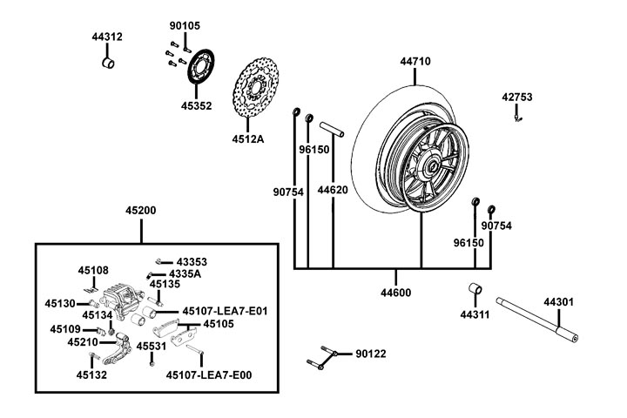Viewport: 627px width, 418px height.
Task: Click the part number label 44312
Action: point(107,37)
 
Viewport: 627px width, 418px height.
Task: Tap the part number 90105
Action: point(184,25)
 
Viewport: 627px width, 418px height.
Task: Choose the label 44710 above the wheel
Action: point(415,62)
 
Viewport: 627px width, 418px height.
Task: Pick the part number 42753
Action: point(516,97)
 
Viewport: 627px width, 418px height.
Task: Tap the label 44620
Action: point(333,189)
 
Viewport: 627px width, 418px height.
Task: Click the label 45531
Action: point(152,347)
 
